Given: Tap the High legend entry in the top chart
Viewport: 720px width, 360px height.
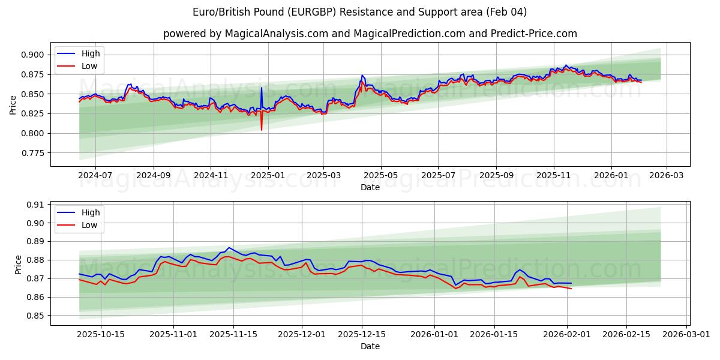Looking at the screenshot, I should (91, 53).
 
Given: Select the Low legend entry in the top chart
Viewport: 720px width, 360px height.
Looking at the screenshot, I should (89, 66).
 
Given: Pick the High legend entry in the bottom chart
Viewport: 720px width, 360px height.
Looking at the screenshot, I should (91, 212).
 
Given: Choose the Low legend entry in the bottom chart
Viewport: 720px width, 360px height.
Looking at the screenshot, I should (89, 225).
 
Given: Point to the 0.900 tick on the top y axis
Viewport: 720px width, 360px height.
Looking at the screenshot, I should (33, 55).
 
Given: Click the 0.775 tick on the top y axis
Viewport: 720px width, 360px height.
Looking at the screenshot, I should (33, 153).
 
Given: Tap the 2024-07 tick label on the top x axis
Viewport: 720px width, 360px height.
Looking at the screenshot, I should (95, 176).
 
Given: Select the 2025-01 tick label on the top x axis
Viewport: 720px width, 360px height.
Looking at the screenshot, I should (268, 176).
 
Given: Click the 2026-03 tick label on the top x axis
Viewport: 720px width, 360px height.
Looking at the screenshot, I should (666, 176).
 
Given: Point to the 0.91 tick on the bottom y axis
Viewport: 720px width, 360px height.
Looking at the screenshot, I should (35, 205).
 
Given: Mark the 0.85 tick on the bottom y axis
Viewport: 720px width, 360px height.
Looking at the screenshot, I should (35, 316).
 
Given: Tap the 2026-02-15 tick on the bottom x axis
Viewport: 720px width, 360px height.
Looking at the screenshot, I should (628, 334).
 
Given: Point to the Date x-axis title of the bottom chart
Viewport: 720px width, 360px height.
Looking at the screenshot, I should (370, 346).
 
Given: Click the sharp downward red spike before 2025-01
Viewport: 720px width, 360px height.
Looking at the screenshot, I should (262, 128).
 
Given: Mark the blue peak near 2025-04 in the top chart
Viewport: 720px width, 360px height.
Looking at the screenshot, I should (362, 76).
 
